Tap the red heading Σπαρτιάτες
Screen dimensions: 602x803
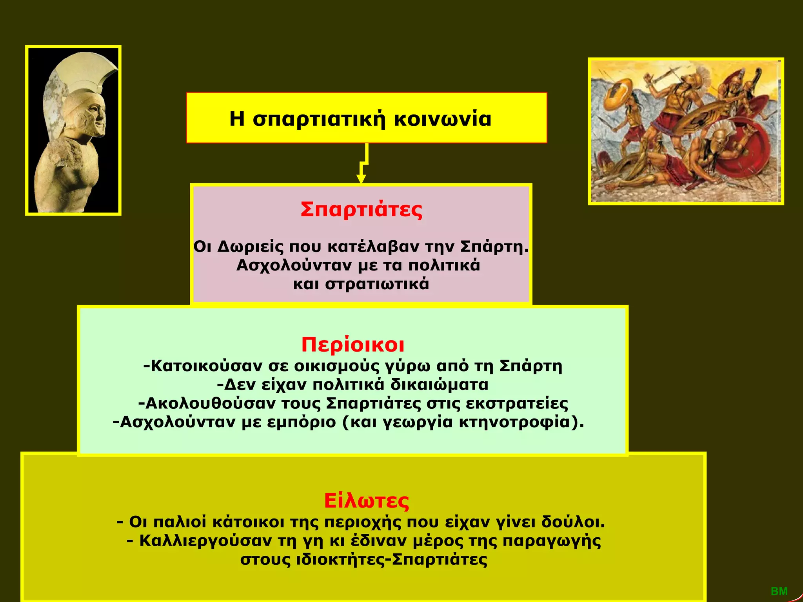click(x=362, y=210)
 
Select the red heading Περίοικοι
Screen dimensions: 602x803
click(x=353, y=345)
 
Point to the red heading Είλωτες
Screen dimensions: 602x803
click(x=367, y=501)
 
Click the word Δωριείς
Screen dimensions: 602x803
click(x=250, y=247)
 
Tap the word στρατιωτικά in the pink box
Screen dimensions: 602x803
click(x=377, y=284)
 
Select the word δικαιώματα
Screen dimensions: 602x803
click(x=439, y=385)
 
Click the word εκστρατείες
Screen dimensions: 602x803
click(x=517, y=404)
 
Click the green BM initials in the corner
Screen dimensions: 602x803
click(x=779, y=591)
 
